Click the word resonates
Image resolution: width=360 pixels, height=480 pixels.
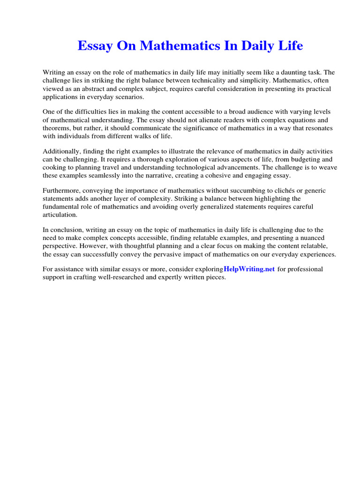tap(322, 127)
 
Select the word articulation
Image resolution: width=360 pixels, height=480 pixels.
tap(60, 215)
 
